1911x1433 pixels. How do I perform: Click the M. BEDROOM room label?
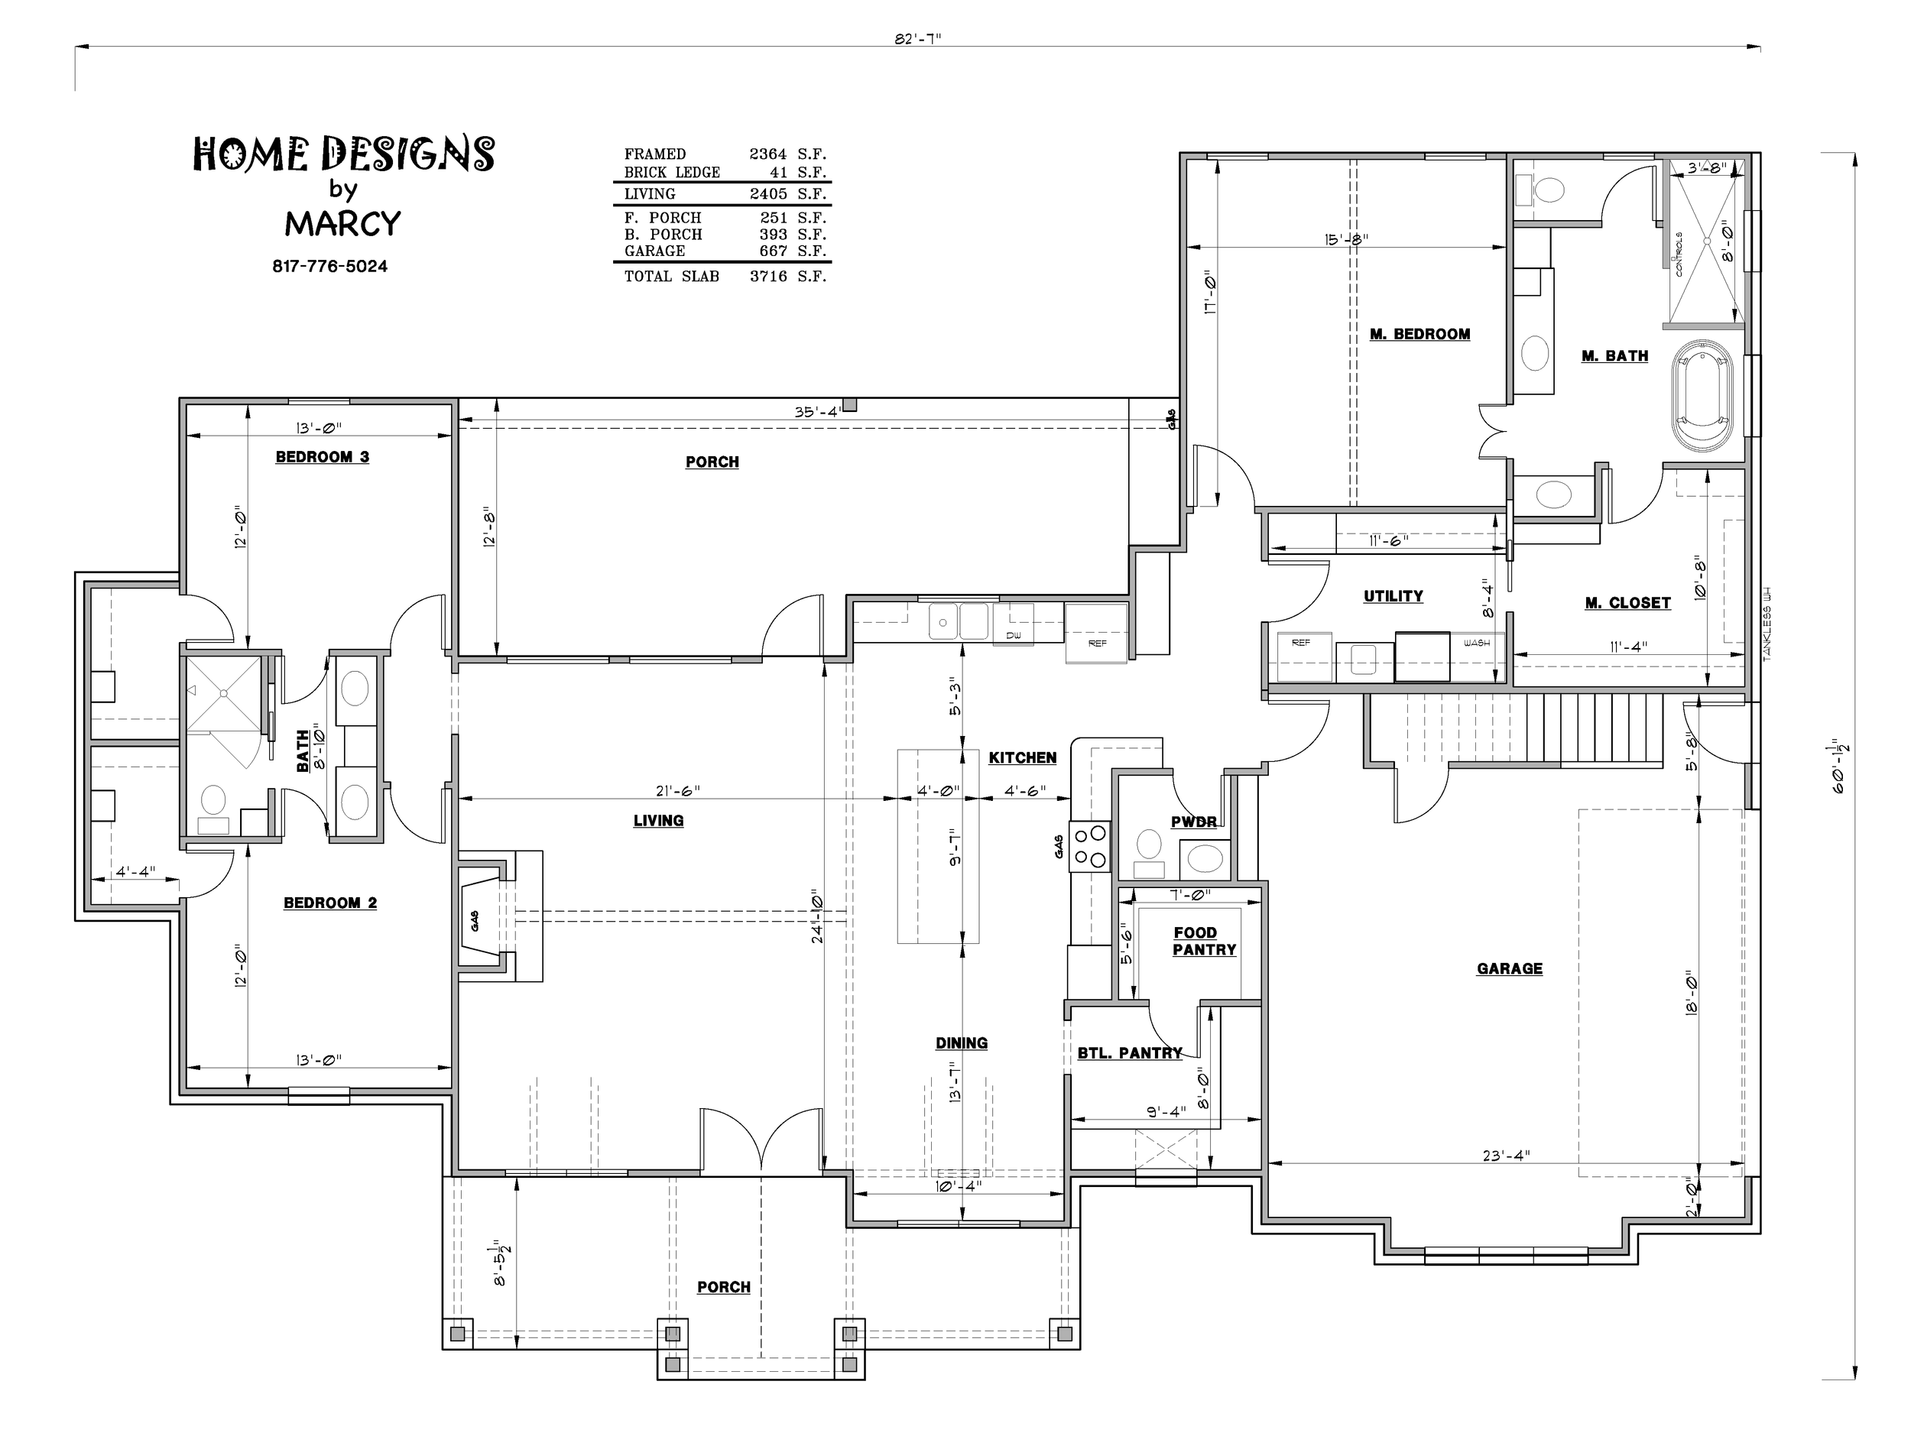(1419, 334)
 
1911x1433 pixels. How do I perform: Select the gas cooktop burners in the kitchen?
(1089, 847)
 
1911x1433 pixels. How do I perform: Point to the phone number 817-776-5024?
(330, 266)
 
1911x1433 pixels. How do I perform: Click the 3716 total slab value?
(768, 277)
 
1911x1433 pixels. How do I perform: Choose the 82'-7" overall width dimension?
(917, 40)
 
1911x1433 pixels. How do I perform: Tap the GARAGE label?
(1509, 968)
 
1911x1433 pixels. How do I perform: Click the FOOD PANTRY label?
(1204, 941)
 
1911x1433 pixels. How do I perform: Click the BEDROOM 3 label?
(323, 457)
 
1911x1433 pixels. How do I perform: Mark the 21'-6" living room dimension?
(677, 790)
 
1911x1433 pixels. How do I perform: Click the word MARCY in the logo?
(343, 224)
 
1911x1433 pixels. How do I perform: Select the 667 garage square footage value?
(774, 251)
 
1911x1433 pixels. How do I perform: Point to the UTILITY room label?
(1393, 596)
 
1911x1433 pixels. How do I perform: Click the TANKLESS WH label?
(1767, 625)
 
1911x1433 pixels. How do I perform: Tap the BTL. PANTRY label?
(1129, 1053)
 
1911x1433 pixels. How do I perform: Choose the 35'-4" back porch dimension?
(817, 412)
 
